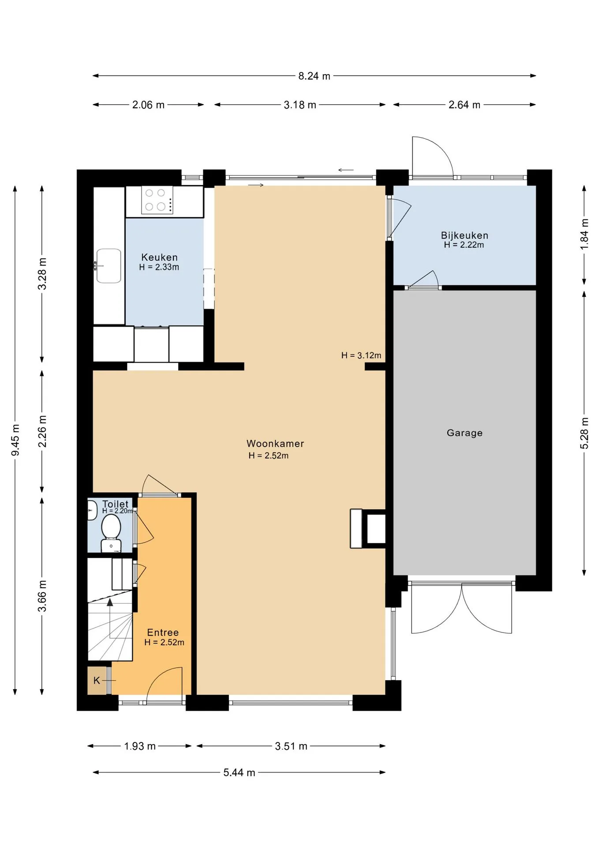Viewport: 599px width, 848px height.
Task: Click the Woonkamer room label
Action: (x=275, y=443)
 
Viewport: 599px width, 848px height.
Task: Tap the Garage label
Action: (x=464, y=433)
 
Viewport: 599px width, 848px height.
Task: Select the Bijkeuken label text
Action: (x=464, y=235)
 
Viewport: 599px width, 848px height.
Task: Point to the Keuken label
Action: (x=159, y=257)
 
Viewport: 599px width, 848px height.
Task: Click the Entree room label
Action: (x=163, y=632)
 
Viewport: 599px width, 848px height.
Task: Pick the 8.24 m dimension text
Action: (x=314, y=76)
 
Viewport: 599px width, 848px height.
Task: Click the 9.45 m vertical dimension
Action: (x=15, y=440)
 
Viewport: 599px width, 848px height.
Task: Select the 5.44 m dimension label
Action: (x=239, y=772)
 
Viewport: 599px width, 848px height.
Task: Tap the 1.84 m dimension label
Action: (x=584, y=234)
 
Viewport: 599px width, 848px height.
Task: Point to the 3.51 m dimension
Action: (x=291, y=746)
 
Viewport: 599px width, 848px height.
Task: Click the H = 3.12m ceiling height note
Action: (x=361, y=355)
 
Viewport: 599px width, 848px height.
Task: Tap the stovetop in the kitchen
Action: (x=157, y=200)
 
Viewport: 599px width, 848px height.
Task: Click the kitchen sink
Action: (x=109, y=265)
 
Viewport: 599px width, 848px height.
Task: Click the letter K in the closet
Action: (x=97, y=681)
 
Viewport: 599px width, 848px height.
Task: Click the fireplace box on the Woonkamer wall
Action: (x=368, y=529)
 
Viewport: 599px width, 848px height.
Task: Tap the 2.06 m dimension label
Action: (x=148, y=105)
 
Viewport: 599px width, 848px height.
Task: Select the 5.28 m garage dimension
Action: (x=584, y=433)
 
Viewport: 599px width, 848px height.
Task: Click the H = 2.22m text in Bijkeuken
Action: (x=464, y=245)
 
